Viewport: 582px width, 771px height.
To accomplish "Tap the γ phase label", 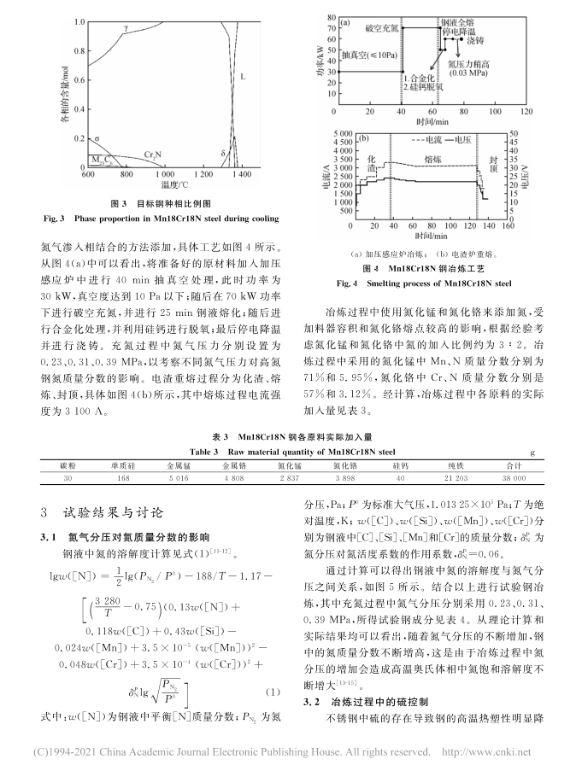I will point(126,28).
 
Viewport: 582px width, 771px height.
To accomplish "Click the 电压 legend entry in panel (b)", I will point(471,138).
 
